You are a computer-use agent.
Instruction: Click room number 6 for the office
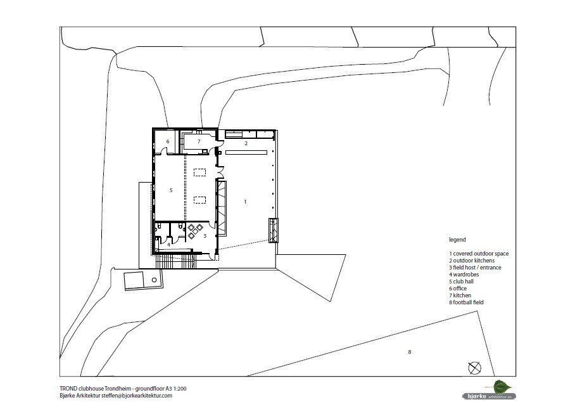tap(168, 141)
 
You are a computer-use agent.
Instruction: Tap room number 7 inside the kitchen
tap(199, 141)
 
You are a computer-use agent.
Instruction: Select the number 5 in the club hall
tap(171, 190)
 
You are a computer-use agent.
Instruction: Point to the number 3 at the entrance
tap(205, 236)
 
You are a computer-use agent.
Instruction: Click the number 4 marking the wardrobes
tap(169, 245)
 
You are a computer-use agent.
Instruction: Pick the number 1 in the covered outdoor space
tap(245, 202)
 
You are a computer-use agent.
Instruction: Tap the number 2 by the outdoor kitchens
tap(246, 143)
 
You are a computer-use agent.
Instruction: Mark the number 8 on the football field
tap(410, 352)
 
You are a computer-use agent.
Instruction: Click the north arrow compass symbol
tap(474, 368)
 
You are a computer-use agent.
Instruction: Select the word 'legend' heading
tap(458, 240)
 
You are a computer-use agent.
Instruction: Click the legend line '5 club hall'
tap(462, 282)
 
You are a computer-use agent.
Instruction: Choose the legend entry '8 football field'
tap(466, 302)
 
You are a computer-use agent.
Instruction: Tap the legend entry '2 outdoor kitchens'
tap(472, 261)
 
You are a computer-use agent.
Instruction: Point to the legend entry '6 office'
tap(458, 289)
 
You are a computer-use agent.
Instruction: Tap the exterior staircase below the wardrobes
tap(176, 262)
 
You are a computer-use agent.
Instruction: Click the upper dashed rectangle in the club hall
tap(200, 172)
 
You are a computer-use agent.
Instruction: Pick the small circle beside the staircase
tap(155, 280)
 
